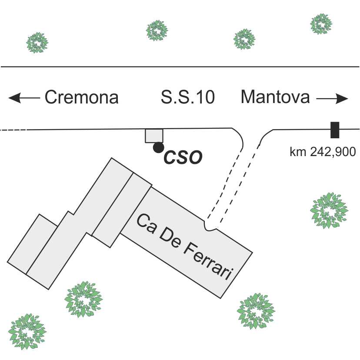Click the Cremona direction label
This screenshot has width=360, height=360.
[x=82, y=97]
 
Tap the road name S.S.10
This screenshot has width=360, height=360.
[x=187, y=97]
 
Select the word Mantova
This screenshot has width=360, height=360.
[x=275, y=97]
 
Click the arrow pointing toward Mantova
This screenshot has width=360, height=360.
[x=332, y=98]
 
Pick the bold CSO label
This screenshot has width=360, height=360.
[x=183, y=157]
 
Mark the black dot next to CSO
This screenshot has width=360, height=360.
[x=158, y=148]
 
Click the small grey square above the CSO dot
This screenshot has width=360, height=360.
[x=154, y=136]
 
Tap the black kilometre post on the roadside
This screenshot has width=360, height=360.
[x=335, y=130]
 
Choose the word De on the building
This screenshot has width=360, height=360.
[x=168, y=237]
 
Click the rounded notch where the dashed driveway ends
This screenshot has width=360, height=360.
[x=212, y=226]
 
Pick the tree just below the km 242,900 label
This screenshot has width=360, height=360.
[x=329, y=210]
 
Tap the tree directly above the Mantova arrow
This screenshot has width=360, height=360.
[x=322, y=23]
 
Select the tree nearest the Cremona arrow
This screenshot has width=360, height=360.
[x=37, y=43]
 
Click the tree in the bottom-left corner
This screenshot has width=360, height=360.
[x=27, y=332]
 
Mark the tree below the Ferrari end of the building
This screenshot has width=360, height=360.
[x=256, y=310]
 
